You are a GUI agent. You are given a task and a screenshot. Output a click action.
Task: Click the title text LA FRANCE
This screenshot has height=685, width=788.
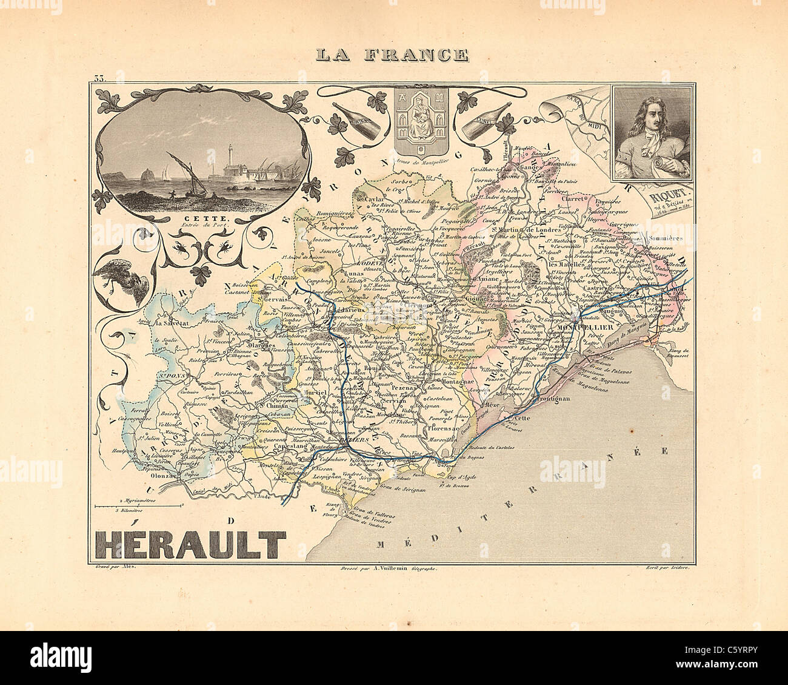click(x=392, y=55)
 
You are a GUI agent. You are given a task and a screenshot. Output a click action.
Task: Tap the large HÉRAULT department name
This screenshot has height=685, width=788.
click(x=190, y=545)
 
